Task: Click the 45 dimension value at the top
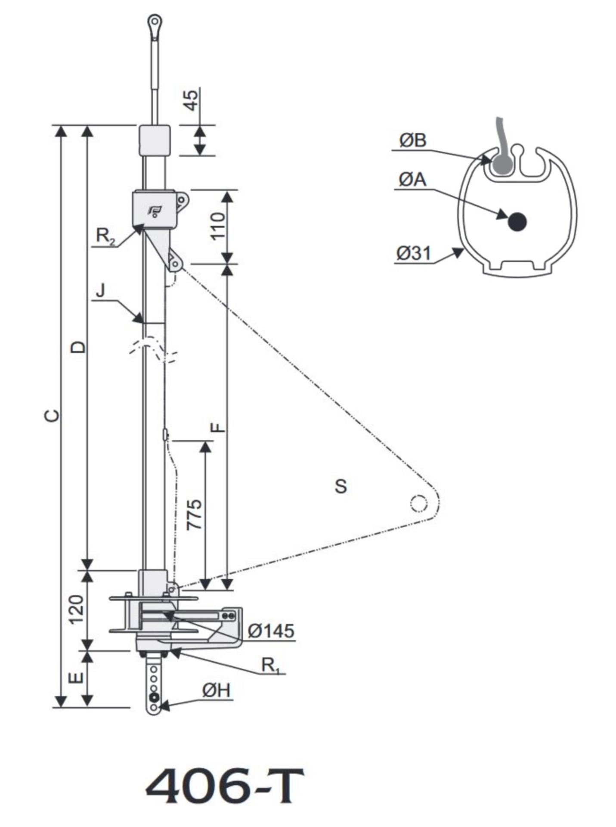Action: (192, 99)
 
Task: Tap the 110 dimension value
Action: (218, 226)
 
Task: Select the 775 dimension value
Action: (194, 514)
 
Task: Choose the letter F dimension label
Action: (219, 427)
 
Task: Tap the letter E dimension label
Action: (76, 678)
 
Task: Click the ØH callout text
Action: (217, 690)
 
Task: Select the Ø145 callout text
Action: (271, 631)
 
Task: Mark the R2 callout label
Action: (105, 236)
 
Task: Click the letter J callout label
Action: (100, 291)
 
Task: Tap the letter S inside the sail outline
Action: (341, 486)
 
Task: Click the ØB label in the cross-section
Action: (412, 140)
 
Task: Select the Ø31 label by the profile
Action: (413, 253)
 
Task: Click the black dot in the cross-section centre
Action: (517, 222)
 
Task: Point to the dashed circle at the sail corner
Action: (418, 503)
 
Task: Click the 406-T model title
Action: (224, 787)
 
